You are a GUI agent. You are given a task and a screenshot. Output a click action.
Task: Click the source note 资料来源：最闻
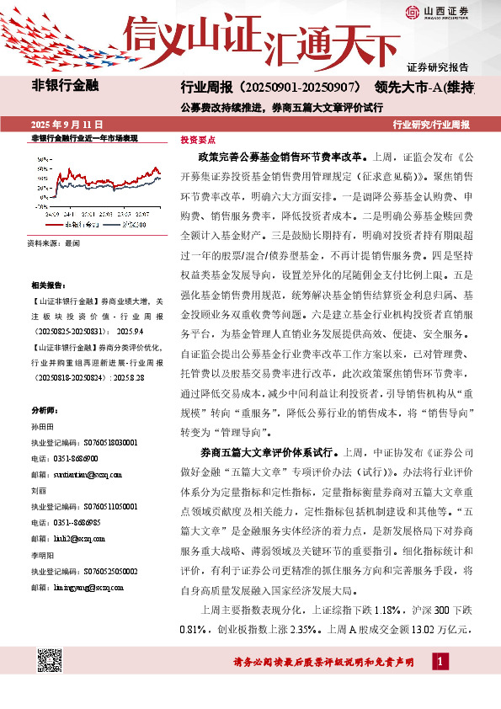(x=54, y=243)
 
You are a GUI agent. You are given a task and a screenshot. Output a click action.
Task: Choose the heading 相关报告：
(x=47, y=285)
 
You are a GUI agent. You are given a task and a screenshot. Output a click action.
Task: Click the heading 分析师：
(x=45, y=411)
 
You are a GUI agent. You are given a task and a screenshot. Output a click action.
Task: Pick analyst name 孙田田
(x=42, y=428)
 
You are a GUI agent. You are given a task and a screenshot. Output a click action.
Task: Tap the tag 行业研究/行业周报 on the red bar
(x=431, y=124)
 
